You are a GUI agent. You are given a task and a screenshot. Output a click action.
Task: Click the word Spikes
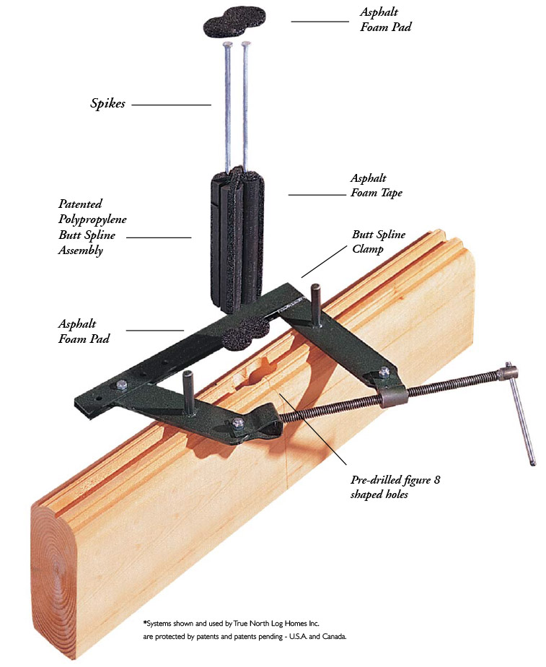point(107,103)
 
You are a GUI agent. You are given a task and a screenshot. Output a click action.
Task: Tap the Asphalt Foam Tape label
point(376,185)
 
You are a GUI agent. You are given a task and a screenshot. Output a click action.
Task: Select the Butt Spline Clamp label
point(378,241)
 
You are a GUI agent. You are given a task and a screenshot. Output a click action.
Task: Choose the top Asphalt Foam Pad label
point(387,20)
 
